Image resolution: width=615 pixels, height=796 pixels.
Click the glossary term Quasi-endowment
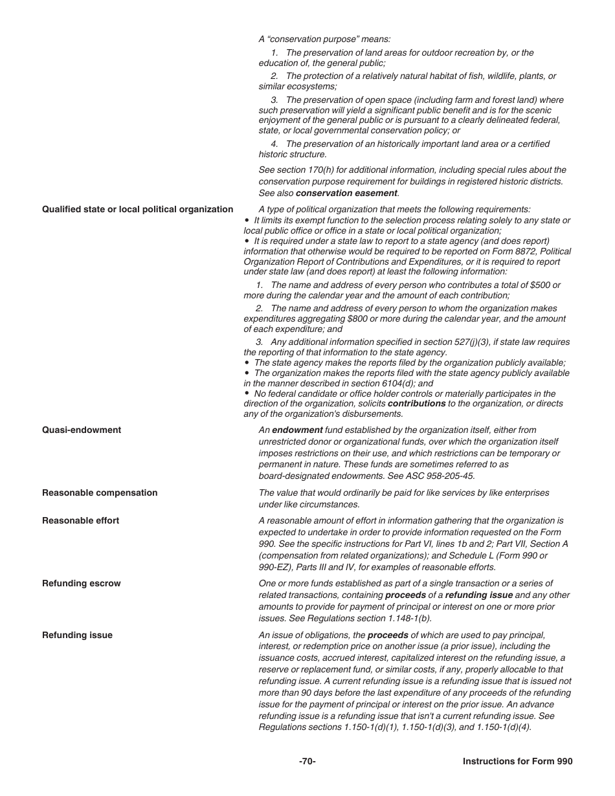click(82, 430)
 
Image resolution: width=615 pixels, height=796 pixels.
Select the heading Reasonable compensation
click(100, 492)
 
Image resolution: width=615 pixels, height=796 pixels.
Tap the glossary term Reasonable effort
click(80, 520)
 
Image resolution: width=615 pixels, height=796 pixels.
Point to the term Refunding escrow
click(81, 583)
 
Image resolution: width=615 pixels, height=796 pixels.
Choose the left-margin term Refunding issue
click(77, 635)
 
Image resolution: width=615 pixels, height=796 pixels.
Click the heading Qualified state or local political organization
click(137, 209)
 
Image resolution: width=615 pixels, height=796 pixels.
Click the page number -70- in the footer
click(307, 762)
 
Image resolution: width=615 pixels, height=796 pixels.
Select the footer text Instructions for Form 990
click(517, 762)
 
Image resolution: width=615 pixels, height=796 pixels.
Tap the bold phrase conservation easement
click(346, 193)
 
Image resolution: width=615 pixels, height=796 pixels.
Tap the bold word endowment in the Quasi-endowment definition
click(297, 430)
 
